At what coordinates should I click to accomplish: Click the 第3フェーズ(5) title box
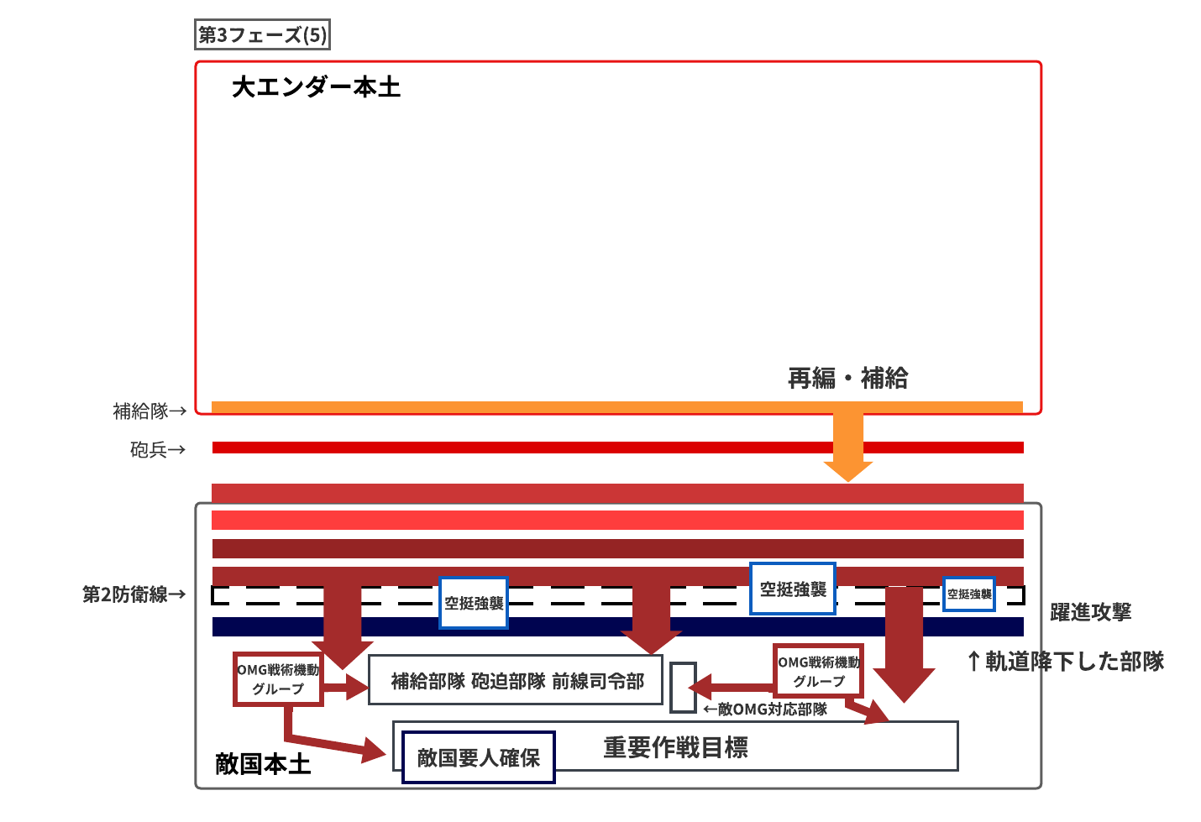click(262, 34)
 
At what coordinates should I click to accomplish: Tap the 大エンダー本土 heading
click(317, 87)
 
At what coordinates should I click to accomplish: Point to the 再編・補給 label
click(847, 379)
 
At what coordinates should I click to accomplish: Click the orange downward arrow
click(848, 447)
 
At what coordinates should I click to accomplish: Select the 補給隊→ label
click(149, 411)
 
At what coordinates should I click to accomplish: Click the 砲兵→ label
click(158, 449)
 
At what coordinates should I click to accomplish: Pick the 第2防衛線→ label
click(134, 594)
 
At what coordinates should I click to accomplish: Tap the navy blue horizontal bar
click(617, 627)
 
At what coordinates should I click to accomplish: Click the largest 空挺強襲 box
click(793, 589)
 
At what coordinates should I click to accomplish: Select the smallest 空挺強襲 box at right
click(969, 594)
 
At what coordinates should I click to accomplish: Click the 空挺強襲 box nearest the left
click(474, 603)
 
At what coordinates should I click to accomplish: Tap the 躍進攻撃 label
click(1090, 612)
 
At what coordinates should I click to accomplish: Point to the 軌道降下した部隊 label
click(1066, 662)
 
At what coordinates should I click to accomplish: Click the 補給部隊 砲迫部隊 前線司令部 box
click(516, 680)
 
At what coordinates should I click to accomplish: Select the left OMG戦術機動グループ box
click(278, 679)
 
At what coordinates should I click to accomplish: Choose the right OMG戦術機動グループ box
click(819, 671)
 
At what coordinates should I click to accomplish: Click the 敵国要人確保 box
click(478, 757)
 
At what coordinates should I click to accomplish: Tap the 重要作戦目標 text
click(675, 747)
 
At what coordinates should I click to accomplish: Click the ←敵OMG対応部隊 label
click(765, 709)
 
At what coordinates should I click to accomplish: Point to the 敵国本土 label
click(263, 764)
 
